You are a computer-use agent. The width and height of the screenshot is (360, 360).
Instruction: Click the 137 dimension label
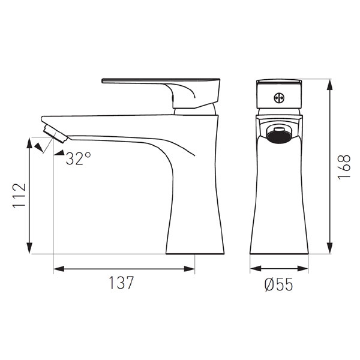pyautogui.click(x=121, y=283)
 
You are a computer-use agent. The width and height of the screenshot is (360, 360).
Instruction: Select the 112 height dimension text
pyautogui.click(x=19, y=196)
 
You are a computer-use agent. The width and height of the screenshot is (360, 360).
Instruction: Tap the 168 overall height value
pyautogui.click(x=344, y=166)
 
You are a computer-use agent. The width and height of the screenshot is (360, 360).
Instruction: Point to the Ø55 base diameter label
pyautogui.click(x=278, y=284)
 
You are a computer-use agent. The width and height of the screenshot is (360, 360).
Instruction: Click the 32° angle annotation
pyautogui.click(x=78, y=158)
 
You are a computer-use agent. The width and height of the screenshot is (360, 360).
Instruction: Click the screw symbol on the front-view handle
pyautogui.click(x=279, y=98)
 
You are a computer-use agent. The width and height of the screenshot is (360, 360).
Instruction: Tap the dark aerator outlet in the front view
pyautogui.click(x=279, y=136)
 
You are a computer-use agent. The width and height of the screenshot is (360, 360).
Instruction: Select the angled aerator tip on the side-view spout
pyautogui.click(x=55, y=134)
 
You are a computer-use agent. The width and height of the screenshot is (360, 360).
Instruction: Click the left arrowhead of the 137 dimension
pyautogui.click(x=59, y=269)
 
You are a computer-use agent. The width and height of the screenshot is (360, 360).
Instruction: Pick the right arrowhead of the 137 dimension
pyautogui.click(x=190, y=269)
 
